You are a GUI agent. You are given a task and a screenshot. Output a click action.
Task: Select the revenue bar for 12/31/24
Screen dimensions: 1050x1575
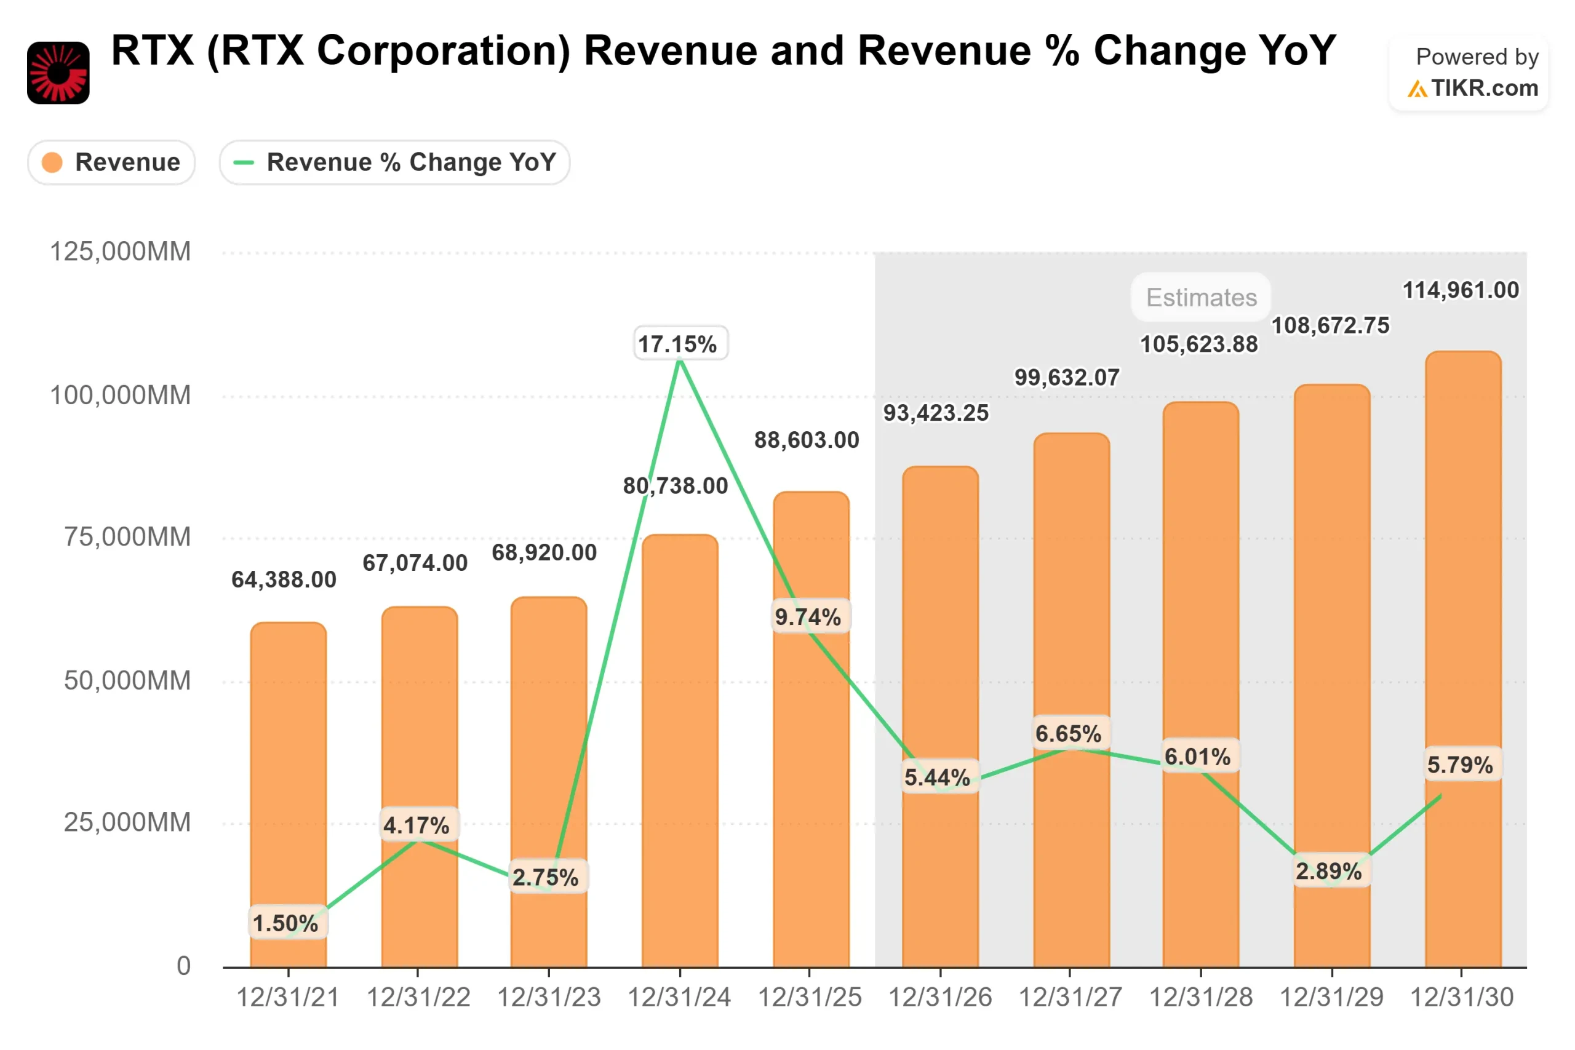tap(680, 750)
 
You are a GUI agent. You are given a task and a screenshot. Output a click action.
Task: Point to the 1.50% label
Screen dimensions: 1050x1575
tap(287, 923)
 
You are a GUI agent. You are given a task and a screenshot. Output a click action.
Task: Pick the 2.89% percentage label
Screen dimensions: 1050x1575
tap(1330, 871)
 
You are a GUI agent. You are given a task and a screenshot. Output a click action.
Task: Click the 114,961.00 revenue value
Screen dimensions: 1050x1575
tap(1461, 290)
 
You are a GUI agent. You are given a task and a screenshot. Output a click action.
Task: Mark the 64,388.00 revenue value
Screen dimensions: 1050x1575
tap(284, 579)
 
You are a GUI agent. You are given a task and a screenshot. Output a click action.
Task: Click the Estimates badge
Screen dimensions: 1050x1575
tap(1202, 297)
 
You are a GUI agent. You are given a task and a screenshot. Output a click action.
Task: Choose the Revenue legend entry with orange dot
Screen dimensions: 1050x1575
tap(111, 162)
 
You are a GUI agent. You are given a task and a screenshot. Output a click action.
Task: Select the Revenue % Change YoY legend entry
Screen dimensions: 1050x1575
tap(394, 162)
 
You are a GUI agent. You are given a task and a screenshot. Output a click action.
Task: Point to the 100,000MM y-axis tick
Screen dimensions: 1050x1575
tap(121, 395)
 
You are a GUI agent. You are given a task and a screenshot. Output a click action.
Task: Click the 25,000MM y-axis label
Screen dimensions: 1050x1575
tap(127, 822)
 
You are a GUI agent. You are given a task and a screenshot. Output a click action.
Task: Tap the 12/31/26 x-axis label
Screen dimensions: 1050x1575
tap(939, 998)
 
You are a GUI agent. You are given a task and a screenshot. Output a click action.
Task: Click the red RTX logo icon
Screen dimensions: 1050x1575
tap(58, 73)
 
